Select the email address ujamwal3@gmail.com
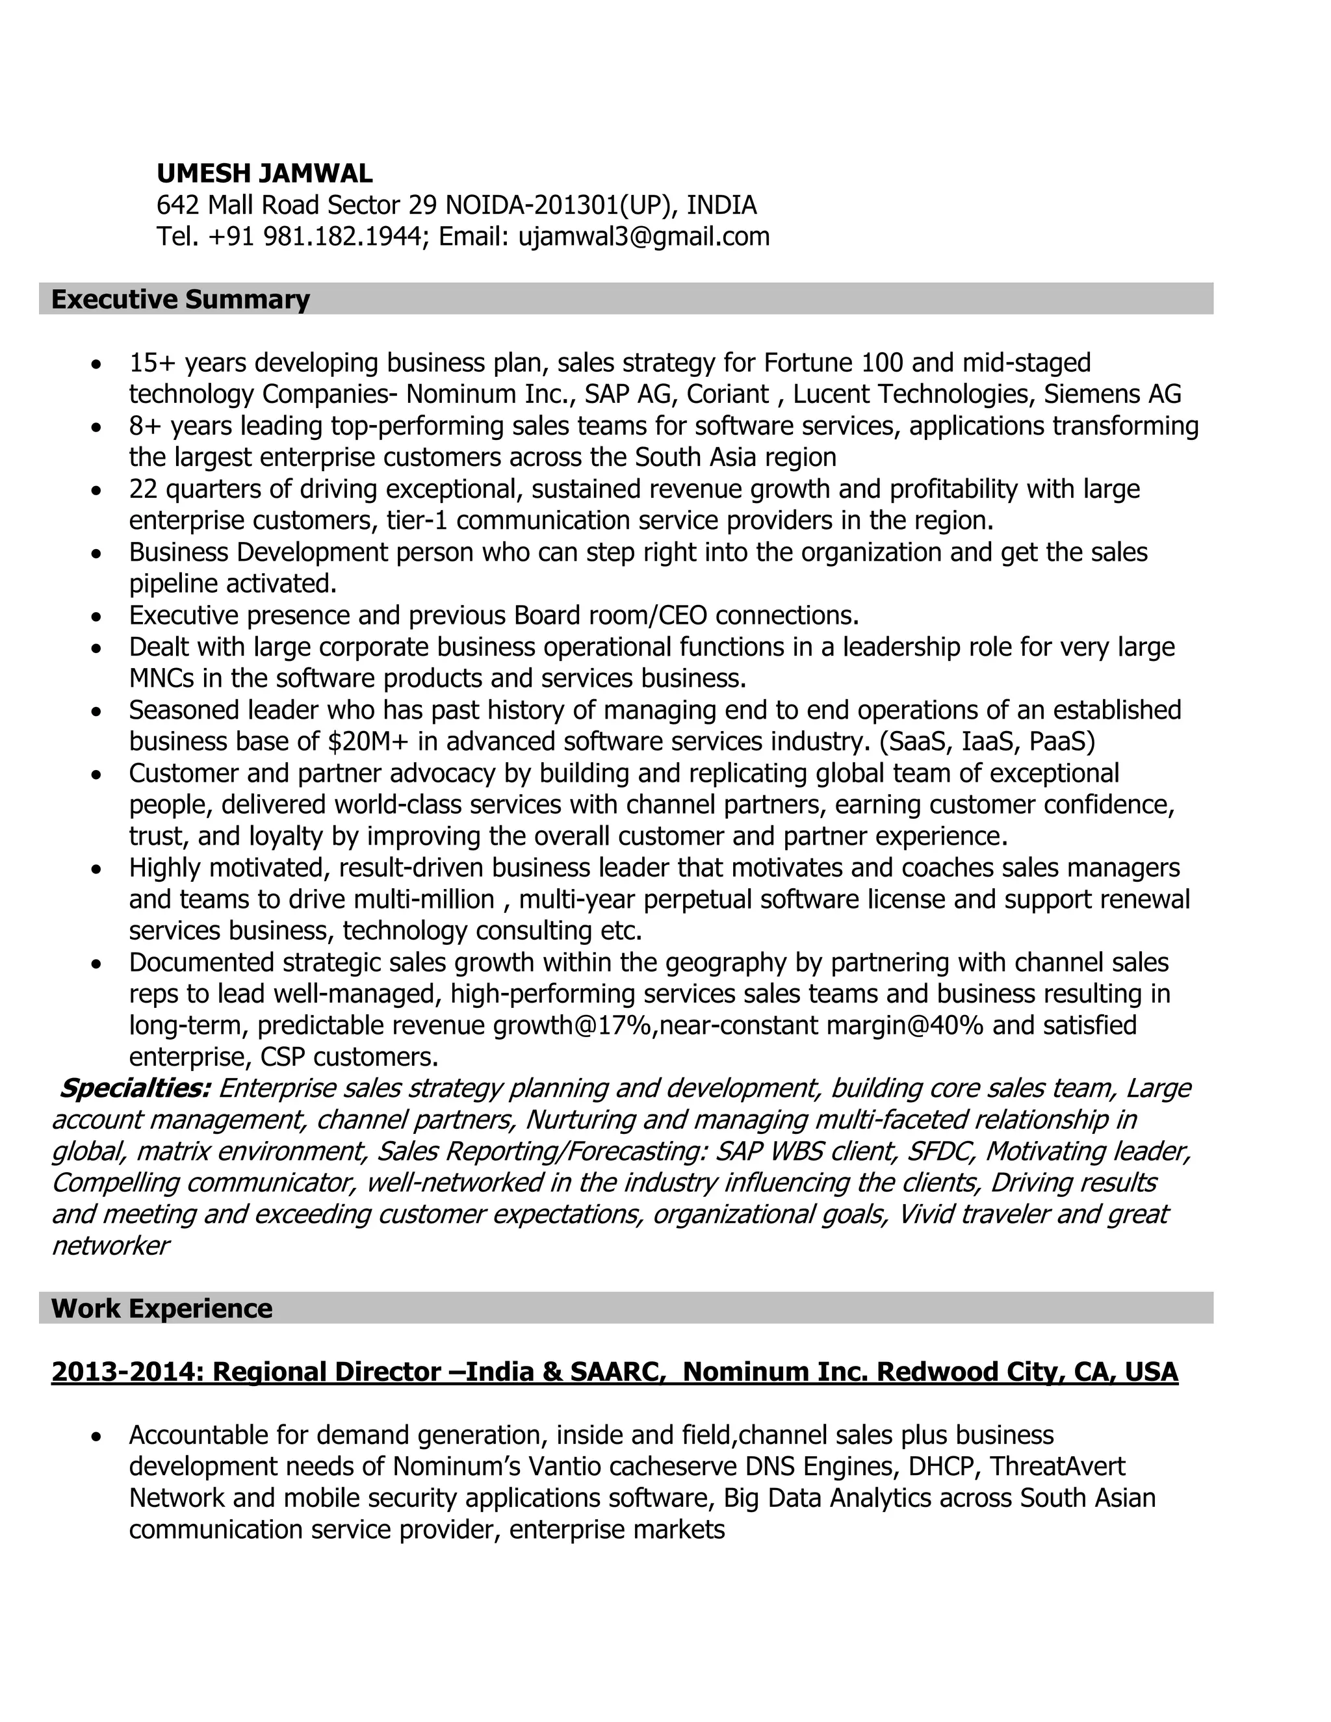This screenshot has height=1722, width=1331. click(643, 237)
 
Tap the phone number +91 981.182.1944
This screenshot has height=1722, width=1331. click(315, 237)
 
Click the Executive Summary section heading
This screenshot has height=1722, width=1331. click(180, 300)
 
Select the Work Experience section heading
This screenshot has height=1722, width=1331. click(162, 1309)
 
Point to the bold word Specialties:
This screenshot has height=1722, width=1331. click(135, 1088)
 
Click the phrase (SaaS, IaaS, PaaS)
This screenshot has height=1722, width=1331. click(987, 741)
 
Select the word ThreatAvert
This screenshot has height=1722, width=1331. click(1057, 1467)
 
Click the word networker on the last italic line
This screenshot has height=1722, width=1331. click(110, 1246)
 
